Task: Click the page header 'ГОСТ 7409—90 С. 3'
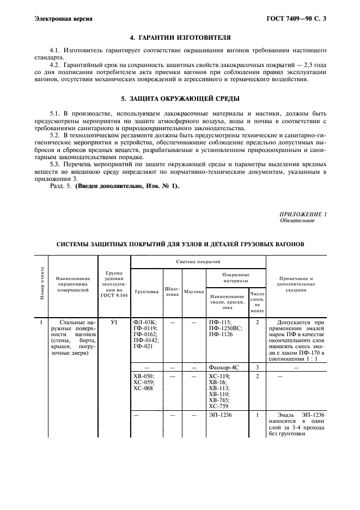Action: pyautogui.click(x=299, y=19)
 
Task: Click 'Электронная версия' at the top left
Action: pyautogui.click(x=63, y=19)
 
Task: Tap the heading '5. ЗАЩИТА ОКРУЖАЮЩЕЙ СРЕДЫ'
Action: pyautogui.click(x=179, y=99)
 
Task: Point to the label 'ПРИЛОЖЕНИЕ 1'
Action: pyautogui.click(x=302, y=214)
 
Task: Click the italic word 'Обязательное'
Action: pyautogui.click(x=297, y=221)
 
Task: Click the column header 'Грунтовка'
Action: pyautogui.click(x=147, y=292)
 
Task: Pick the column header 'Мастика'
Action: pyautogui.click(x=193, y=292)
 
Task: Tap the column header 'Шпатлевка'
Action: pyautogui.click(x=172, y=292)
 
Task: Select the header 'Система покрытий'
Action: pyautogui.click(x=198, y=262)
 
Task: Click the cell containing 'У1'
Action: pyautogui.click(x=114, y=322)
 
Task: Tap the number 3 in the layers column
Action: pyautogui.click(x=257, y=368)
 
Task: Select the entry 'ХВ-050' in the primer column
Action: pyautogui.click(x=144, y=376)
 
